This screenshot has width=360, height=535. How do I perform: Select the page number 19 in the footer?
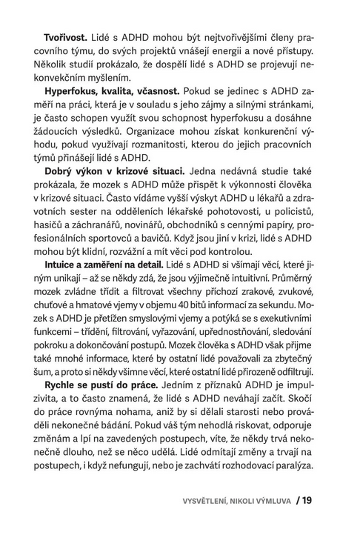click(x=306, y=499)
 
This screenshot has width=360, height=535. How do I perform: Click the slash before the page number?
click(x=294, y=499)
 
